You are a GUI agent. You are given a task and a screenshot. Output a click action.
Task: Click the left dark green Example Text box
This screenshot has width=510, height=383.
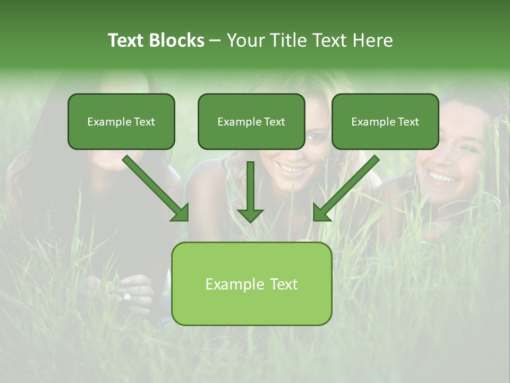pyautogui.click(x=121, y=121)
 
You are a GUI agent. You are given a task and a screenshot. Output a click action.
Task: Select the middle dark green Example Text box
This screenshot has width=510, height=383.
pyautogui.click(x=251, y=121)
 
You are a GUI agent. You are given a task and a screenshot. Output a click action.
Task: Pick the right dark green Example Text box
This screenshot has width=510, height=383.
pyautogui.click(x=385, y=121)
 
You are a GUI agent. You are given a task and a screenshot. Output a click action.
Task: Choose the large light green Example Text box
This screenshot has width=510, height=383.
pyautogui.click(x=251, y=284)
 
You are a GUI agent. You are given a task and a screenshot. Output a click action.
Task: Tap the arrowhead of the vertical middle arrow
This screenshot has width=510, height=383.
pyautogui.click(x=250, y=214)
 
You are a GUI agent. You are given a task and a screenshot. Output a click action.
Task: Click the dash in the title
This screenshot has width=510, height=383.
pyautogui.click(x=215, y=40)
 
